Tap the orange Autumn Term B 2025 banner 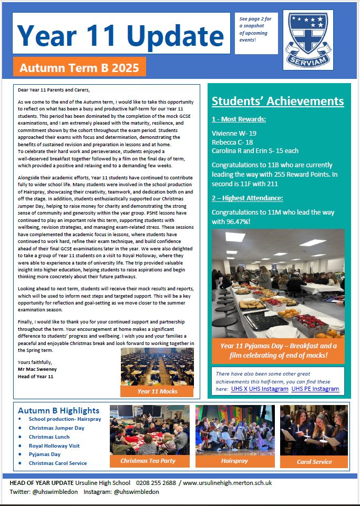pos(79,67)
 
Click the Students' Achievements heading pos(277,102)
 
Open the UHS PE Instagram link pos(315,389)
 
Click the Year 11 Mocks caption pos(157,391)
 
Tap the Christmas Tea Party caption pos(148,461)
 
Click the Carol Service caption pos(314,461)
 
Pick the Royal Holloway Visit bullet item pos(54,446)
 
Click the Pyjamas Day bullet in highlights pos(45,454)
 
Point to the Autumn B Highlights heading pos(58,410)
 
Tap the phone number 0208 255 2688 pos(156,483)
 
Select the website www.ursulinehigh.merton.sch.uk pos(227,483)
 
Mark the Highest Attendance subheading pos(247,198)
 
